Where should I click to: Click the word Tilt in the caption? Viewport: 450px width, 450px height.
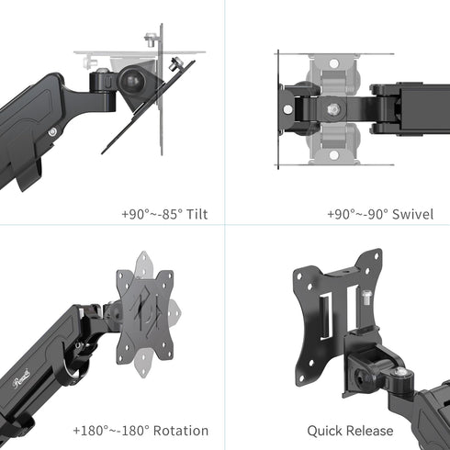pos(197,214)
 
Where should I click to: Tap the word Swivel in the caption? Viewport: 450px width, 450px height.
pos(412,214)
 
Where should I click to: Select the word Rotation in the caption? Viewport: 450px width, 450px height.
pos(181,431)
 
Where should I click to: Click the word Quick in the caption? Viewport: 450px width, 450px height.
pos(322,431)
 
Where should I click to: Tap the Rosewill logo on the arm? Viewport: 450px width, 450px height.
pos(21,378)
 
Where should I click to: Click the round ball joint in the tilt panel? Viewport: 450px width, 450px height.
pos(132,81)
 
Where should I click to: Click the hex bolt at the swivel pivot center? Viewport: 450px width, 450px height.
pos(334,109)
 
